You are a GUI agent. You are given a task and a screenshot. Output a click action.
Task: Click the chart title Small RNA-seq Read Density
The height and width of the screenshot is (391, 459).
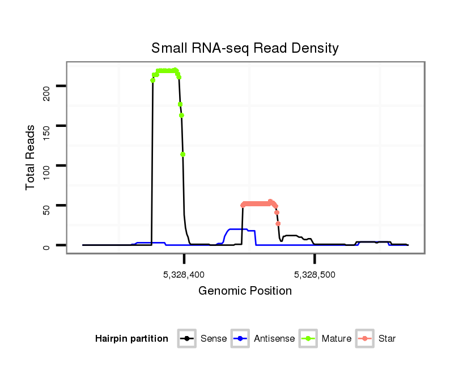tap(245, 48)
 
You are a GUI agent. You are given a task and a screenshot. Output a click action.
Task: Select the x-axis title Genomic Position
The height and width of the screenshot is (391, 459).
tap(245, 291)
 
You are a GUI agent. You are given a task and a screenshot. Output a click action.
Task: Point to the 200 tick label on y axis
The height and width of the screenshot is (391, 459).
tap(46, 86)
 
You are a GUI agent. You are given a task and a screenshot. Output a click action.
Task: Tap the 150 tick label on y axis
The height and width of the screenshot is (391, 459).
tap(46, 126)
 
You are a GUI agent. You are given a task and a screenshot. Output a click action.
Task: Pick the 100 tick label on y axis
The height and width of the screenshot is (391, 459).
tap(46, 165)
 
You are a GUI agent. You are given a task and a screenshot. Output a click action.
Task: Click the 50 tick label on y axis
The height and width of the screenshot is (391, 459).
tap(46, 205)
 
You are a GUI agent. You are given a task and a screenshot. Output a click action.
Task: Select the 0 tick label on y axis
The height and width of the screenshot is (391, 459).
tap(46, 245)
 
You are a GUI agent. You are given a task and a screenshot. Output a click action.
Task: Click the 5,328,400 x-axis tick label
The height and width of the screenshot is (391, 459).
tap(184, 275)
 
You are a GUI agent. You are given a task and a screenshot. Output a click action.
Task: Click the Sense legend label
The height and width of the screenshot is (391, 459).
tap(214, 339)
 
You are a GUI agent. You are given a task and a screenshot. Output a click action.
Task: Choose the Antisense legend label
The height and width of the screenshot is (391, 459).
tap(274, 339)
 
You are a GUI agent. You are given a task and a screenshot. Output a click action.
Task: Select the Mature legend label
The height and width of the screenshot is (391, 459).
tap(337, 339)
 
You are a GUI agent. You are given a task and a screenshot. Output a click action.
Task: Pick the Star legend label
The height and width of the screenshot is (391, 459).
tap(387, 339)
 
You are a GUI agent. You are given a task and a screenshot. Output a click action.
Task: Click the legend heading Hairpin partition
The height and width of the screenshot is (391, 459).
tap(131, 339)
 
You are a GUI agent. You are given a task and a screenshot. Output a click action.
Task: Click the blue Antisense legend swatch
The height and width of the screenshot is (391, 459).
tap(241, 339)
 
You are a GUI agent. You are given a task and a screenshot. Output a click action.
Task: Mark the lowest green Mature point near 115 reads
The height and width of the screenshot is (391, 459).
tap(183, 154)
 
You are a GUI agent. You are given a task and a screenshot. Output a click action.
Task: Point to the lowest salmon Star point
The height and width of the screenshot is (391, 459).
tap(278, 224)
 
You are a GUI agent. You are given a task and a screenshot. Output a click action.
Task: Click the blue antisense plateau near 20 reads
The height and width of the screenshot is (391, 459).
tap(238, 229)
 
